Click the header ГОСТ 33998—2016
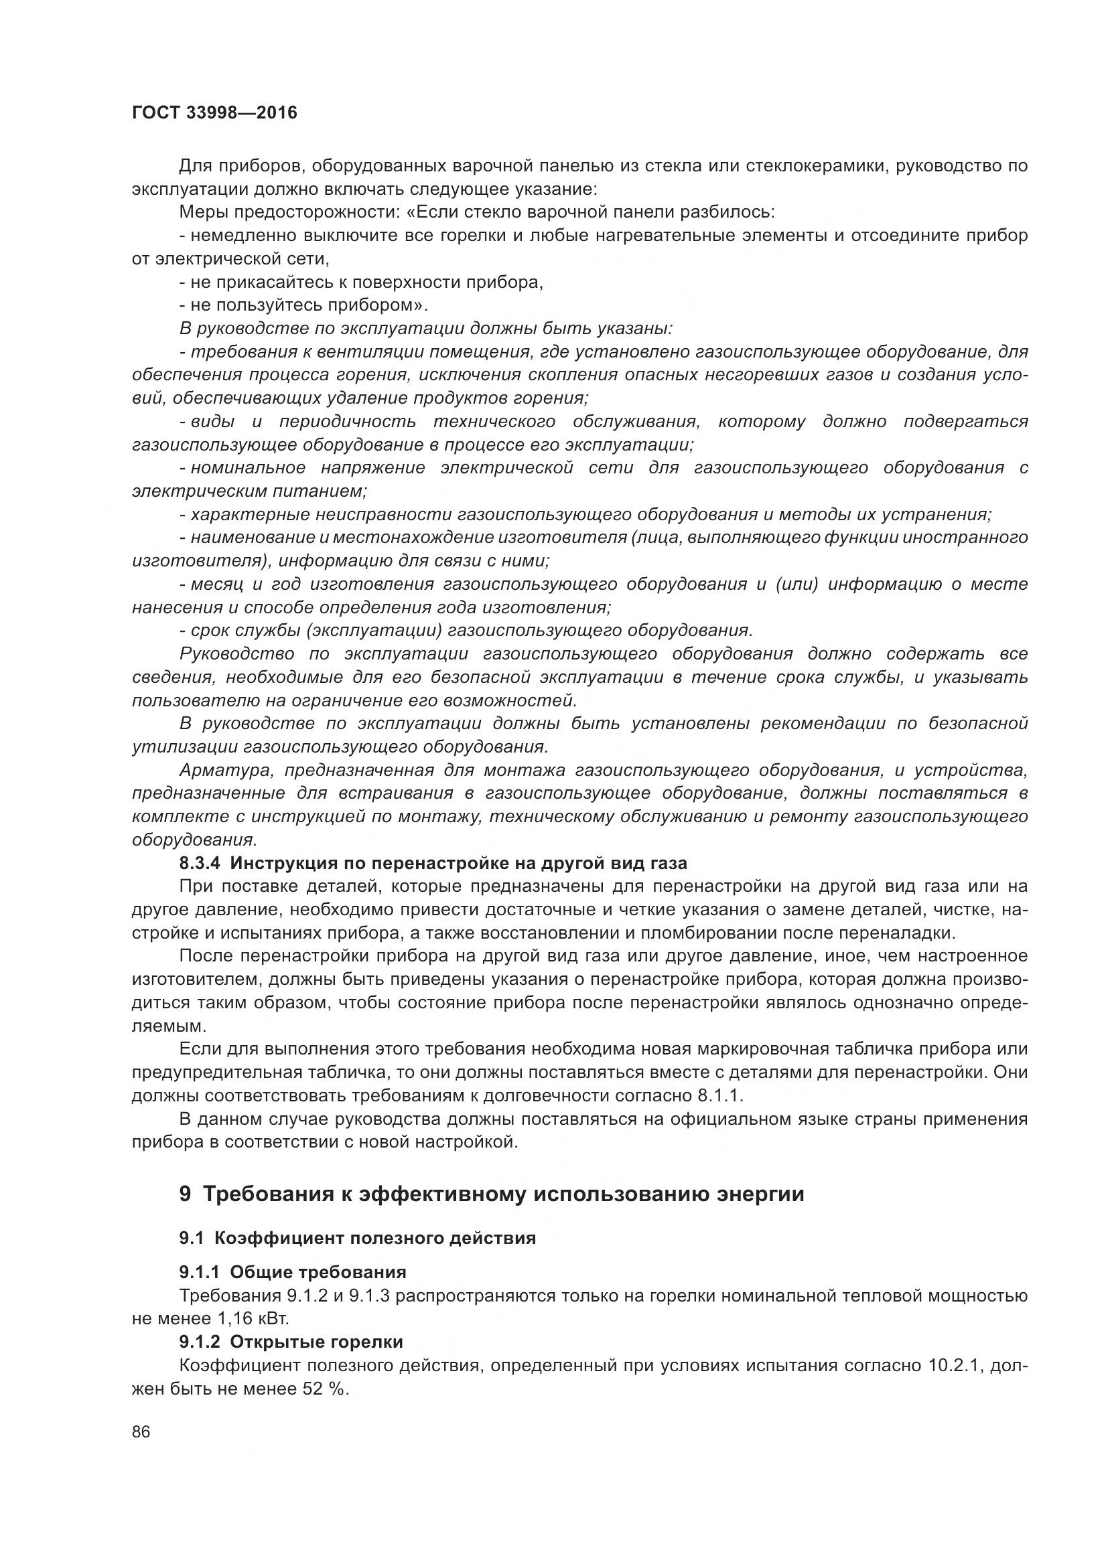click(214, 112)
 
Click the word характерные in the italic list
click(243, 515)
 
